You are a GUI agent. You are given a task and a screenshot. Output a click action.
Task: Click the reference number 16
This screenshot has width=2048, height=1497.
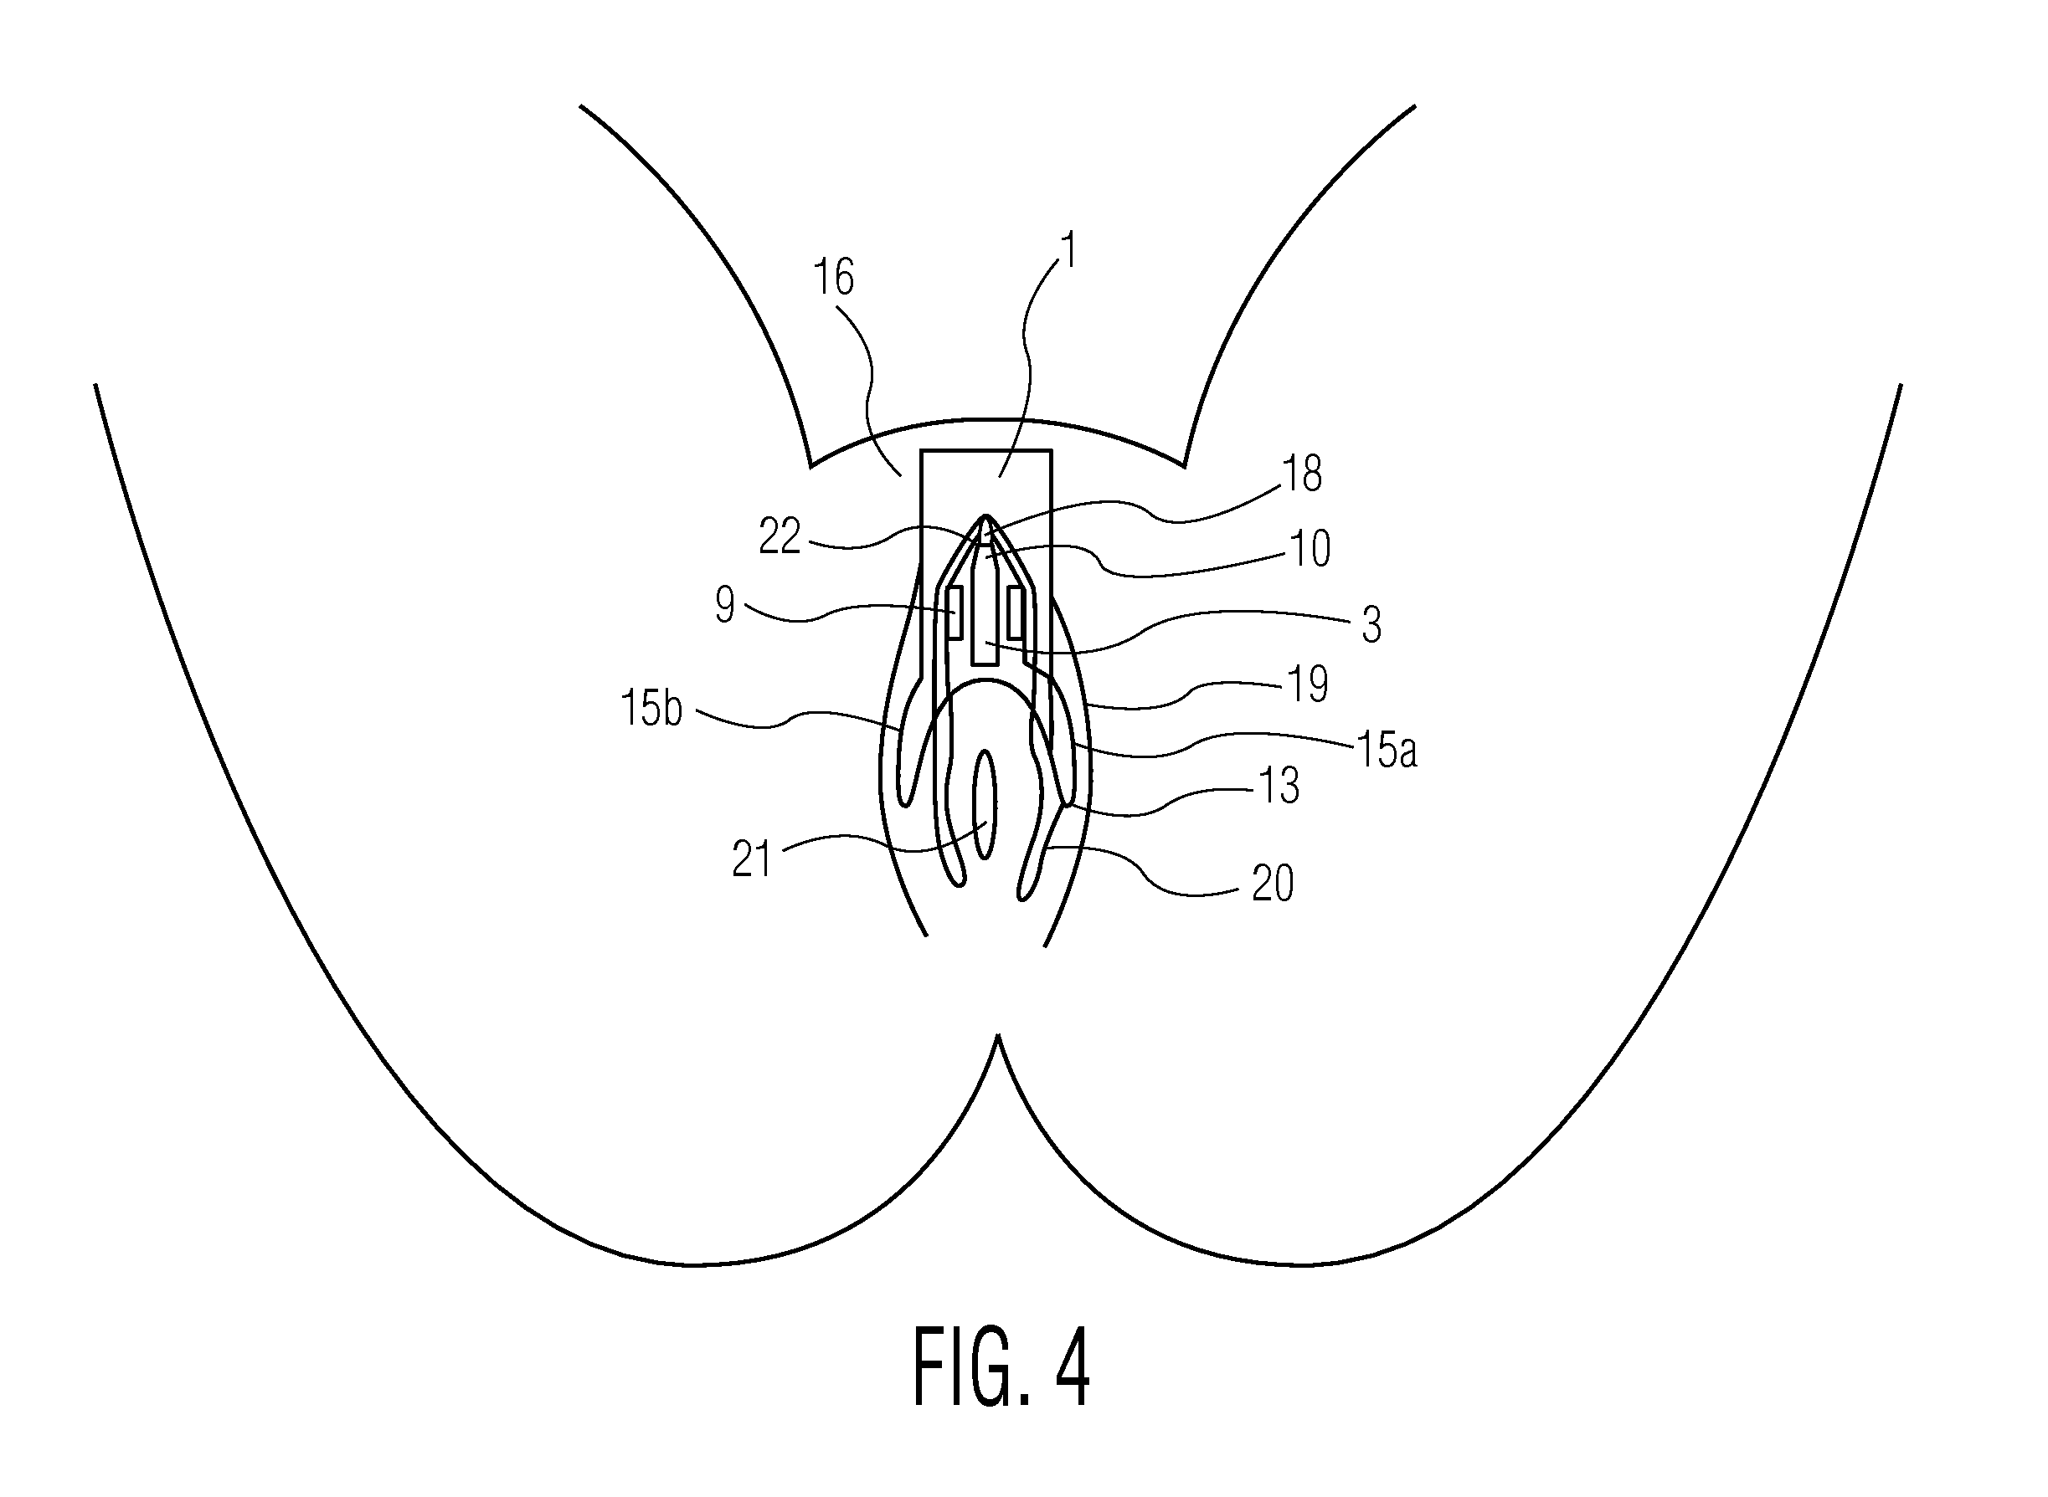click(833, 277)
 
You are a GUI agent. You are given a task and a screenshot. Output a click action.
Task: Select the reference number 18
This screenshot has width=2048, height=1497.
click(1301, 473)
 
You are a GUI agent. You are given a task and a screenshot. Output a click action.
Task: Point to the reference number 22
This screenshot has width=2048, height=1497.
click(780, 536)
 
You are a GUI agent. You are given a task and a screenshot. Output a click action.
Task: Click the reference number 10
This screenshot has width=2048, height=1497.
click(1310, 548)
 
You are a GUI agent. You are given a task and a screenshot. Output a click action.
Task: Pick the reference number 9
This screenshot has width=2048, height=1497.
click(724, 604)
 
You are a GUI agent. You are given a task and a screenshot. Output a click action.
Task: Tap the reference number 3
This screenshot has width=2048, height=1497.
click(1371, 624)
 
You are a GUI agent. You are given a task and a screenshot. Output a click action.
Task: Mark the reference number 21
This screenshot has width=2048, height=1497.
click(752, 859)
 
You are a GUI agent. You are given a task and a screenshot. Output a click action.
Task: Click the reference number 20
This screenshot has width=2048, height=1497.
click(1272, 883)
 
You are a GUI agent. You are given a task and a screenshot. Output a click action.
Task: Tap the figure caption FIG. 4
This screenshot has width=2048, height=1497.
click(1001, 1366)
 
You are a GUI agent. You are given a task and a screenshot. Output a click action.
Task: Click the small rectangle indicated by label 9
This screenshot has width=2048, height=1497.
click(954, 613)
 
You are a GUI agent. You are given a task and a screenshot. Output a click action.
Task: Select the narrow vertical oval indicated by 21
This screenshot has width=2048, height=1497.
click(985, 804)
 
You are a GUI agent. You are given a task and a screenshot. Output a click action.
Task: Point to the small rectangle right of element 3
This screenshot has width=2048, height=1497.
click(1016, 613)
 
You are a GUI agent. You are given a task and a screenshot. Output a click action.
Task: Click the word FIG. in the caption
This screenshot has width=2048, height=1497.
click(971, 1366)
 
